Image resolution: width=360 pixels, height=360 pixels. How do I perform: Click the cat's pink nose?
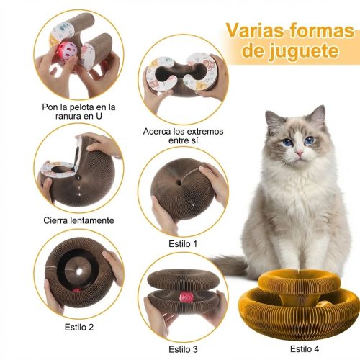tap(300, 153)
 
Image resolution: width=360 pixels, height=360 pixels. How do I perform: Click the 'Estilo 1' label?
tap(183, 244)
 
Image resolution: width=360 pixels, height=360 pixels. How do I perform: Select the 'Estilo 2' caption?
tap(79, 327)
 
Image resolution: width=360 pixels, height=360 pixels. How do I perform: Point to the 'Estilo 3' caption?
tap(183, 349)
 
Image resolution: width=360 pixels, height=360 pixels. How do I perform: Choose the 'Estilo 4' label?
tap(305, 348)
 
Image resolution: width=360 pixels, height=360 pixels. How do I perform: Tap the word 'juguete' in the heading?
tap(304, 52)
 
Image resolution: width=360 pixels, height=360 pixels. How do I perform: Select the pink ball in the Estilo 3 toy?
tap(186, 297)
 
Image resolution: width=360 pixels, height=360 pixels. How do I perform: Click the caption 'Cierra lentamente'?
tap(78, 220)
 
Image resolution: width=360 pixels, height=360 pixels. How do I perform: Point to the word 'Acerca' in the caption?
tap(158, 131)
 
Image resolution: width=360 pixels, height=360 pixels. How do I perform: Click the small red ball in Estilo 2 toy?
tap(77, 291)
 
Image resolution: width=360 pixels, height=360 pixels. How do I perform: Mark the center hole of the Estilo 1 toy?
tap(179, 183)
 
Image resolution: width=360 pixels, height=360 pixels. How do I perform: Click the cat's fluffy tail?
tap(228, 265)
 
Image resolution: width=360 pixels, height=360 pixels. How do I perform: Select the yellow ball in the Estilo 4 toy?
tap(321, 305)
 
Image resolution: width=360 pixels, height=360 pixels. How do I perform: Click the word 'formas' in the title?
tap(322, 30)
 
